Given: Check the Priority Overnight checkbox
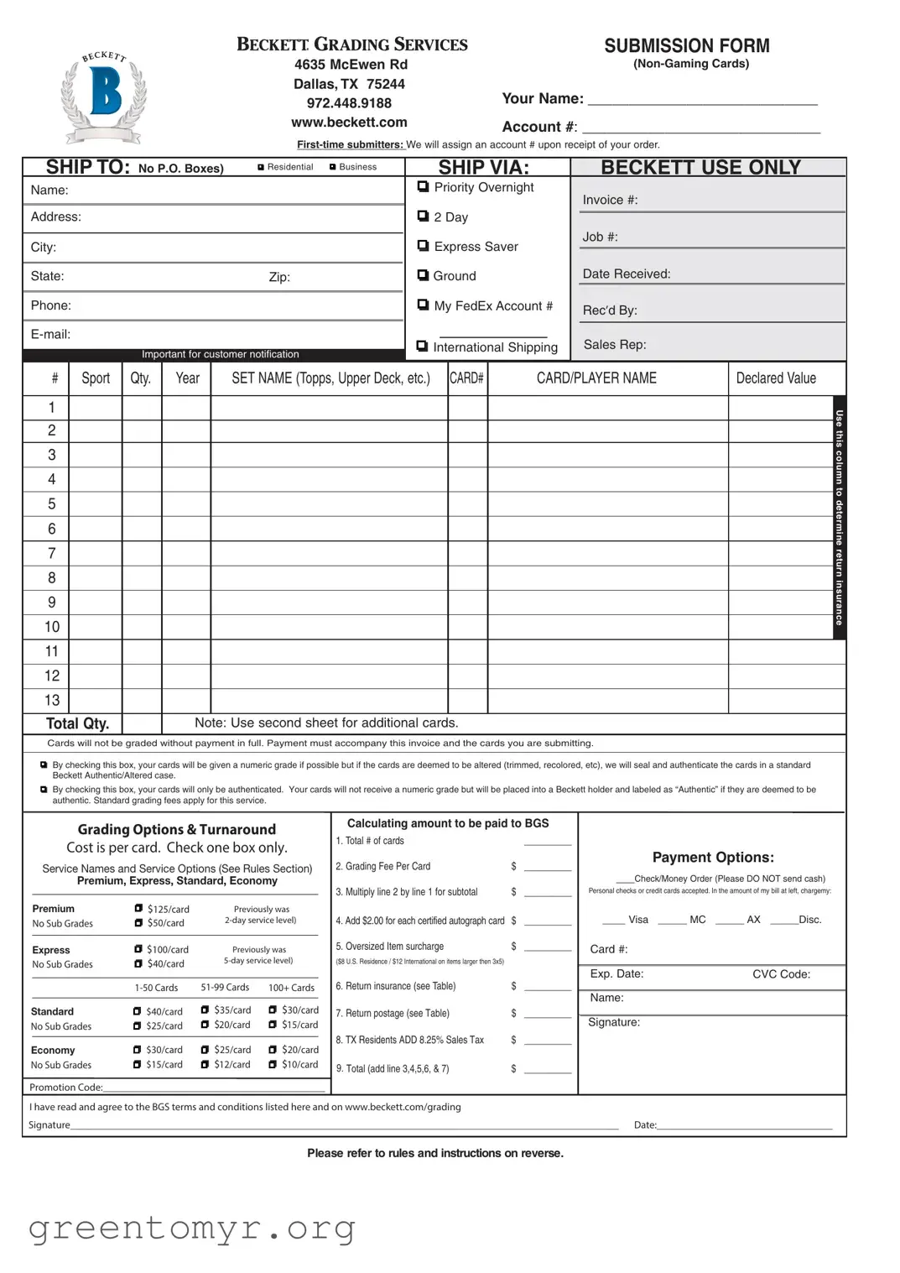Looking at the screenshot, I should click(423, 186).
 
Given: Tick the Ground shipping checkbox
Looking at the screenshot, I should click(423, 275).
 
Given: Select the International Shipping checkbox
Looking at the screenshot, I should click(422, 346).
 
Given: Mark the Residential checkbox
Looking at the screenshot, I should click(261, 167).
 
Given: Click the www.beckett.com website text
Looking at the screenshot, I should click(349, 123).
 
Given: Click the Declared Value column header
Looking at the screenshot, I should click(776, 378).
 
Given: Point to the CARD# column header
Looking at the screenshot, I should click(466, 378).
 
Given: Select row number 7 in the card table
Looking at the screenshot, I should click(52, 553).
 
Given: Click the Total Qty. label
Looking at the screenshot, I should click(77, 723).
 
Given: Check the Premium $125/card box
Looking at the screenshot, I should click(138, 908).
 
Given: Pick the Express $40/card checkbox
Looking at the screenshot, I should click(138, 963).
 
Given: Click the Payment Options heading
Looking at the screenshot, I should click(713, 857).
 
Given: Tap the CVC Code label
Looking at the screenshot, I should click(781, 974).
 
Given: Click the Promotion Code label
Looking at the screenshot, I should click(66, 1087).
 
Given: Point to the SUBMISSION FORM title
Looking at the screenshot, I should click(686, 46).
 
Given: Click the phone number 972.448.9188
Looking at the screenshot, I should click(349, 103).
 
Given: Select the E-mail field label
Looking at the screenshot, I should click(50, 334).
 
